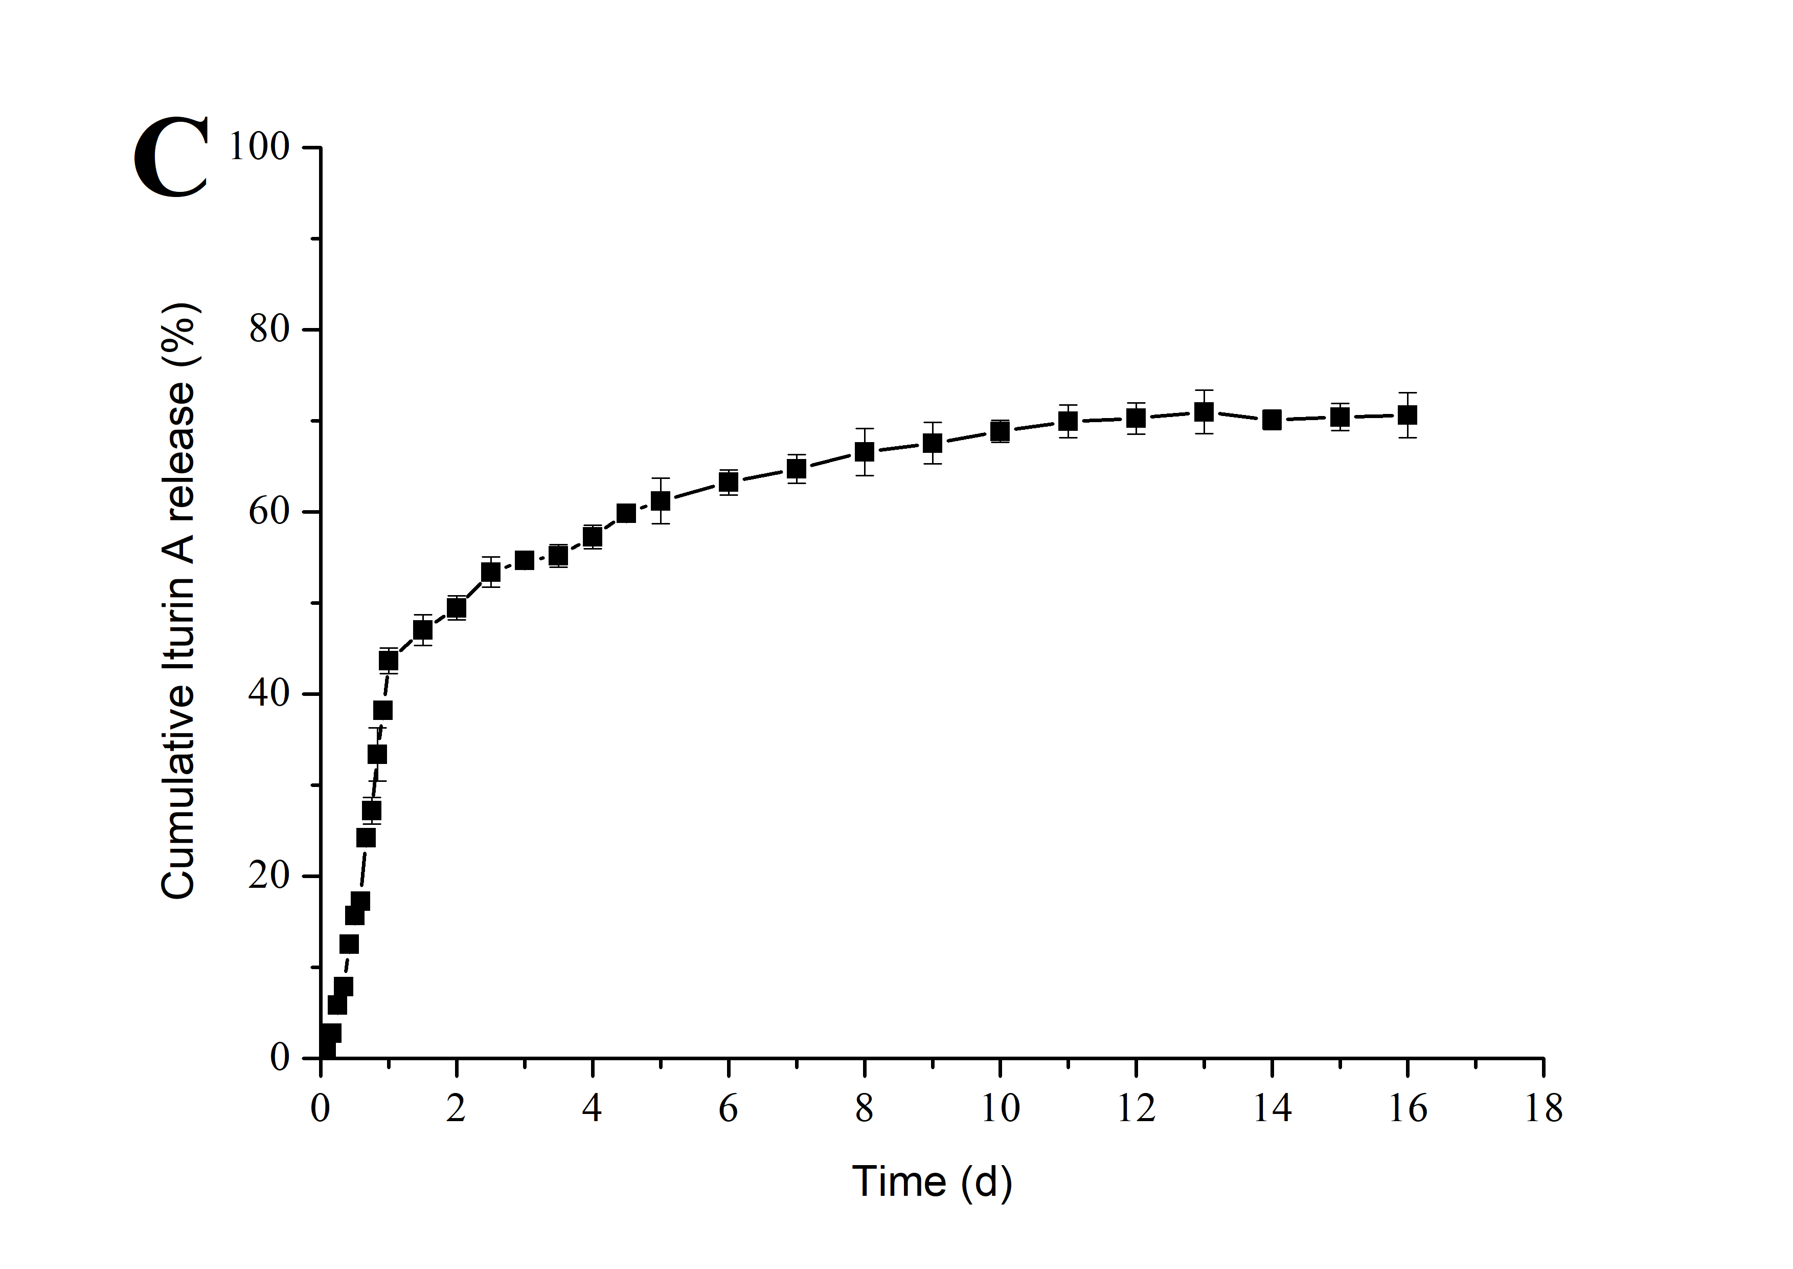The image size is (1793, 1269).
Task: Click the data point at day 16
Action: pos(1407,415)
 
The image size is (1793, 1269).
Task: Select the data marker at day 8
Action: pos(864,452)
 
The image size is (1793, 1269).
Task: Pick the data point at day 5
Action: pos(660,500)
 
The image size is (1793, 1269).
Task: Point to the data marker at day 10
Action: pos(1000,430)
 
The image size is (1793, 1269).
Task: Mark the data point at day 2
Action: pos(456,607)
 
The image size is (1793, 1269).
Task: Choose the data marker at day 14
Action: pos(1272,420)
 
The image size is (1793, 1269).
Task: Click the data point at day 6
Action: pos(728,482)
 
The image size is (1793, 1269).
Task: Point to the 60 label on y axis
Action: pos(269,512)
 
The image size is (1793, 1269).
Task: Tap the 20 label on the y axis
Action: pos(269,876)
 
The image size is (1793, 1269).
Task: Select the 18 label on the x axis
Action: pos(1543,1108)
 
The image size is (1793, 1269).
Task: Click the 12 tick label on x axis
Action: pos(1136,1108)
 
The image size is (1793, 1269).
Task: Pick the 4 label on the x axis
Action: pos(592,1108)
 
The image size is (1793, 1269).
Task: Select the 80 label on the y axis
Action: pos(269,330)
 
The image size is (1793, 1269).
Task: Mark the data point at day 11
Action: pos(1068,421)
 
